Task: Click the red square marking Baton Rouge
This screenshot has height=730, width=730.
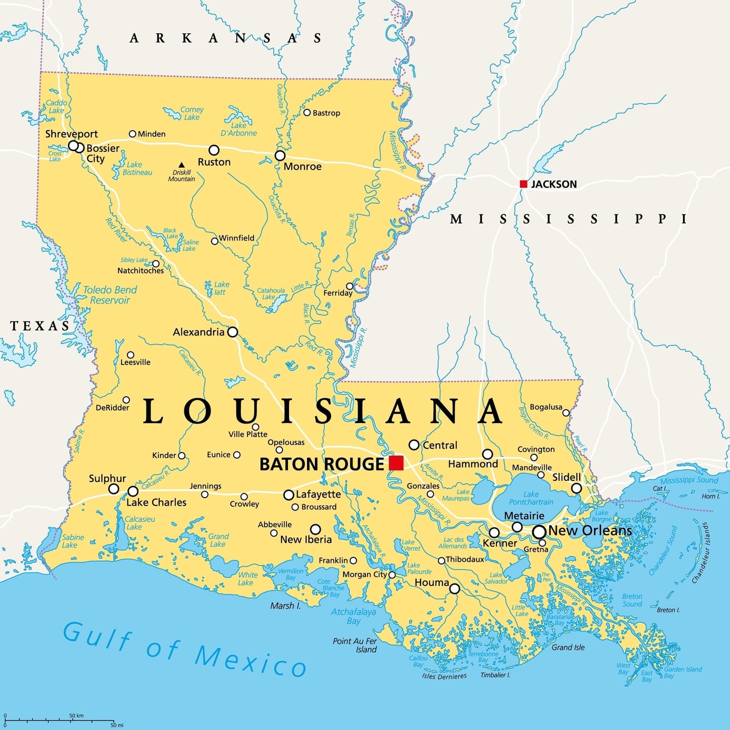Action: point(396,462)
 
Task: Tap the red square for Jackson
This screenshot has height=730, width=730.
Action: point(524,184)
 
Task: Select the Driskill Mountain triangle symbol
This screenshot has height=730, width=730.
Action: point(182,165)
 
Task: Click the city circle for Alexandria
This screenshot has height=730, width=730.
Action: point(232,332)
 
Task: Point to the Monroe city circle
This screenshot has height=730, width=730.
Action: point(280,156)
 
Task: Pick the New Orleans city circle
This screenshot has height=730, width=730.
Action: point(539,532)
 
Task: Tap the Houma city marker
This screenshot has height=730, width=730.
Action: point(454,589)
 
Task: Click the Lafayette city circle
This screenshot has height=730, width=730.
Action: point(288,495)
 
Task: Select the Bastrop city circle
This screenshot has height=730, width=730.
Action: point(307,113)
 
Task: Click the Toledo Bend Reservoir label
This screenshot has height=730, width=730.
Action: point(110,295)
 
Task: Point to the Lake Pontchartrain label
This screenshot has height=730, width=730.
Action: point(531,498)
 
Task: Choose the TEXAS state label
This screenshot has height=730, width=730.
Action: point(40,326)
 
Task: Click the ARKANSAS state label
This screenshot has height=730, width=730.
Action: point(226,38)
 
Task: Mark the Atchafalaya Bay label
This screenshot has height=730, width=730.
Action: point(353,616)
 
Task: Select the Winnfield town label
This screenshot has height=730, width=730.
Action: point(236,238)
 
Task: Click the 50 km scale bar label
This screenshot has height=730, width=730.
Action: point(76,716)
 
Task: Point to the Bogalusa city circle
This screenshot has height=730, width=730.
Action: point(566,413)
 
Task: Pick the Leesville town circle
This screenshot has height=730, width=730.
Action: point(130,355)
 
